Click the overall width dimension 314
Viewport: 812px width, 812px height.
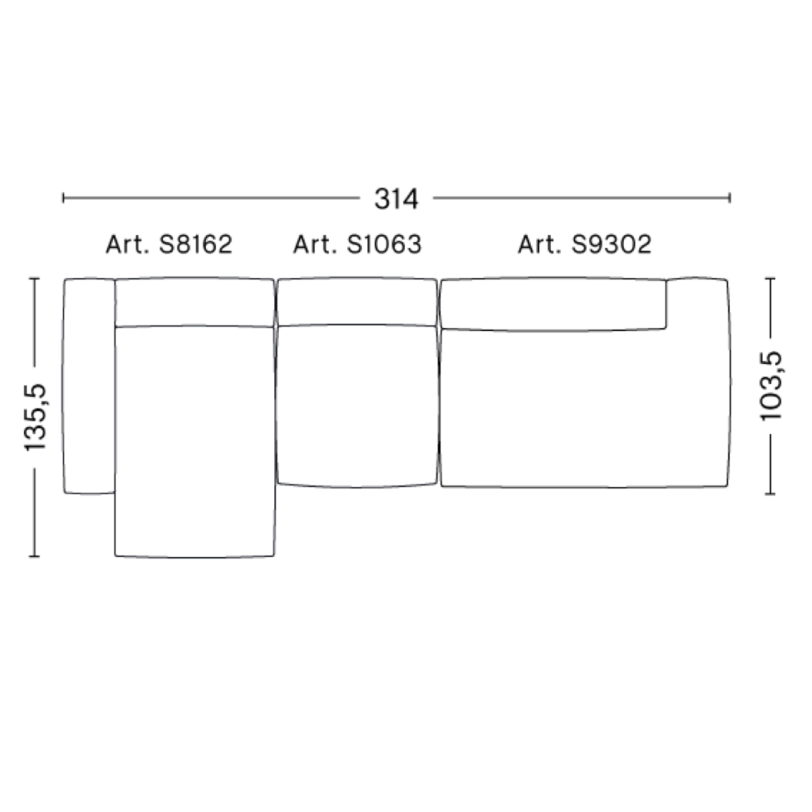pyautogui.click(x=396, y=199)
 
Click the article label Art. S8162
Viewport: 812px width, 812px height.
pyautogui.click(x=169, y=244)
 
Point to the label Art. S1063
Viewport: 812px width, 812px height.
pyautogui.click(x=357, y=244)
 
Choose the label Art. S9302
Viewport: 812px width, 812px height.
pyautogui.click(x=584, y=244)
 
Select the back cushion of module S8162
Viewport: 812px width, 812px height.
pyautogui.click(x=195, y=302)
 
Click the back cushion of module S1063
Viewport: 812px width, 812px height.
pyautogui.click(x=357, y=302)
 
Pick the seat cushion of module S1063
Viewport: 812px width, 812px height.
pyautogui.click(x=357, y=406)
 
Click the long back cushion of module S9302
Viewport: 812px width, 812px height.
pyautogui.click(x=552, y=304)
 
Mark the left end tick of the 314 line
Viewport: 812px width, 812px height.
pyautogui.click(x=64, y=199)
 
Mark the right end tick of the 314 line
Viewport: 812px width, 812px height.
pyautogui.click(x=729, y=199)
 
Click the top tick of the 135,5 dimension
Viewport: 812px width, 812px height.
pyautogui.click(x=35, y=279)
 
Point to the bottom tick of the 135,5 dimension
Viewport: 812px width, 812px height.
pyautogui.click(x=35, y=555)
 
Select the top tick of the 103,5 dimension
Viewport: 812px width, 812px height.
pyautogui.click(x=771, y=279)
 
